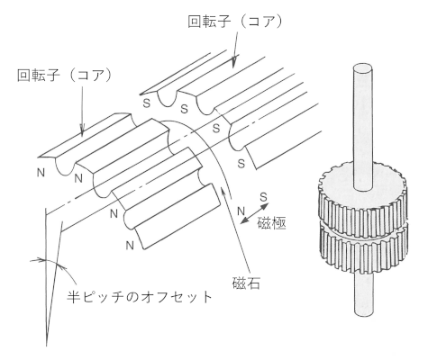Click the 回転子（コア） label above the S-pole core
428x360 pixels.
click(x=235, y=22)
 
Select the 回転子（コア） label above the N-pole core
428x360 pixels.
click(x=64, y=75)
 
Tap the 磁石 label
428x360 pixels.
click(x=246, y=283)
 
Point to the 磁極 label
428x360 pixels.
click(x=272, y=222)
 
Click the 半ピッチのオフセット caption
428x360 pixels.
click(x=140, y=297)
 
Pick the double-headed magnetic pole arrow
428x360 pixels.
click(x=255, y=213)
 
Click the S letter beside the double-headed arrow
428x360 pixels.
click(x=263, y=197)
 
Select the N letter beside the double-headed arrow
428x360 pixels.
click(x=241, y=211)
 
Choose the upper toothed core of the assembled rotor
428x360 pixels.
click(x=362, y=198)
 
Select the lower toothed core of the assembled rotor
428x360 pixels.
click(x=363, y=250)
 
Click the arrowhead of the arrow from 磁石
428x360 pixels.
click(x=223, y=190)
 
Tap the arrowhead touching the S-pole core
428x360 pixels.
click(x=233, y=61)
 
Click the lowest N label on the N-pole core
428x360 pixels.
click(x=130, y=246)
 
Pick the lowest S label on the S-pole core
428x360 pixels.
click(x=241, y=164)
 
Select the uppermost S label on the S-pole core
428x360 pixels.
click(x=146, y=103)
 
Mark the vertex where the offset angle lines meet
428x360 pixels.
click(x=47, y=345)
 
